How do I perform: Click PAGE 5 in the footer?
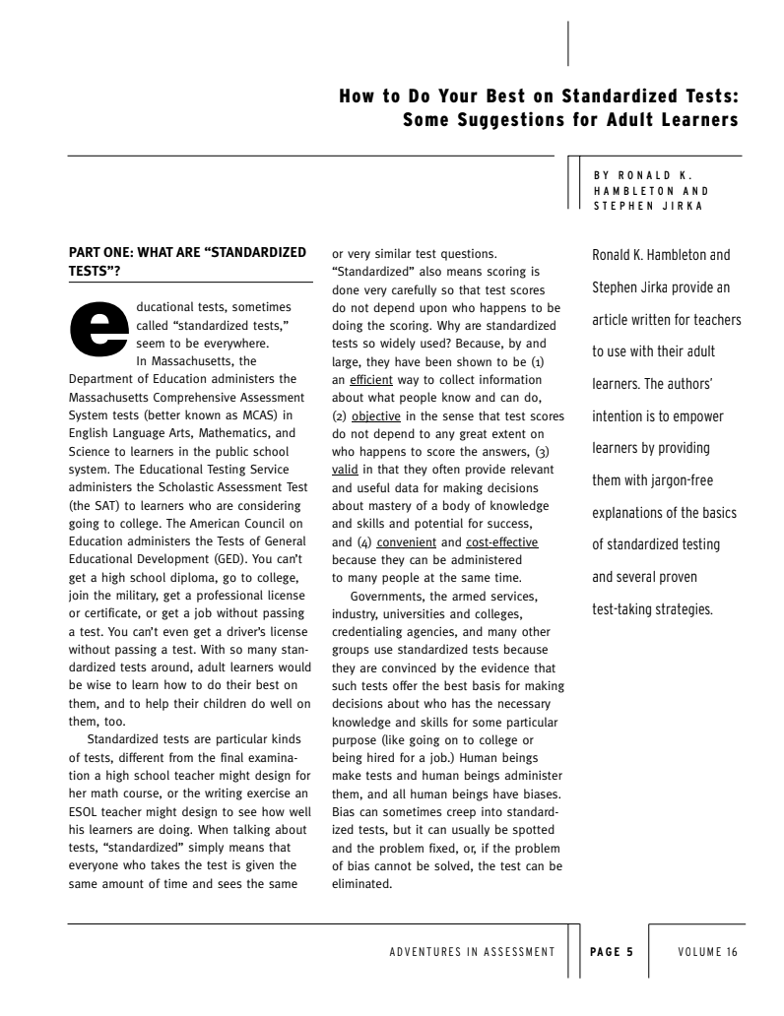(x=611, y=952)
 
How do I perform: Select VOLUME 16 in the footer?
(x=707, y=952)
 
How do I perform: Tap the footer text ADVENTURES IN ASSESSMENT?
(x=473, y=952)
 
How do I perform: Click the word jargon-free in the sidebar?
(x=679, y=479)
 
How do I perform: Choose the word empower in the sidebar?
(x=698, y=415)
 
